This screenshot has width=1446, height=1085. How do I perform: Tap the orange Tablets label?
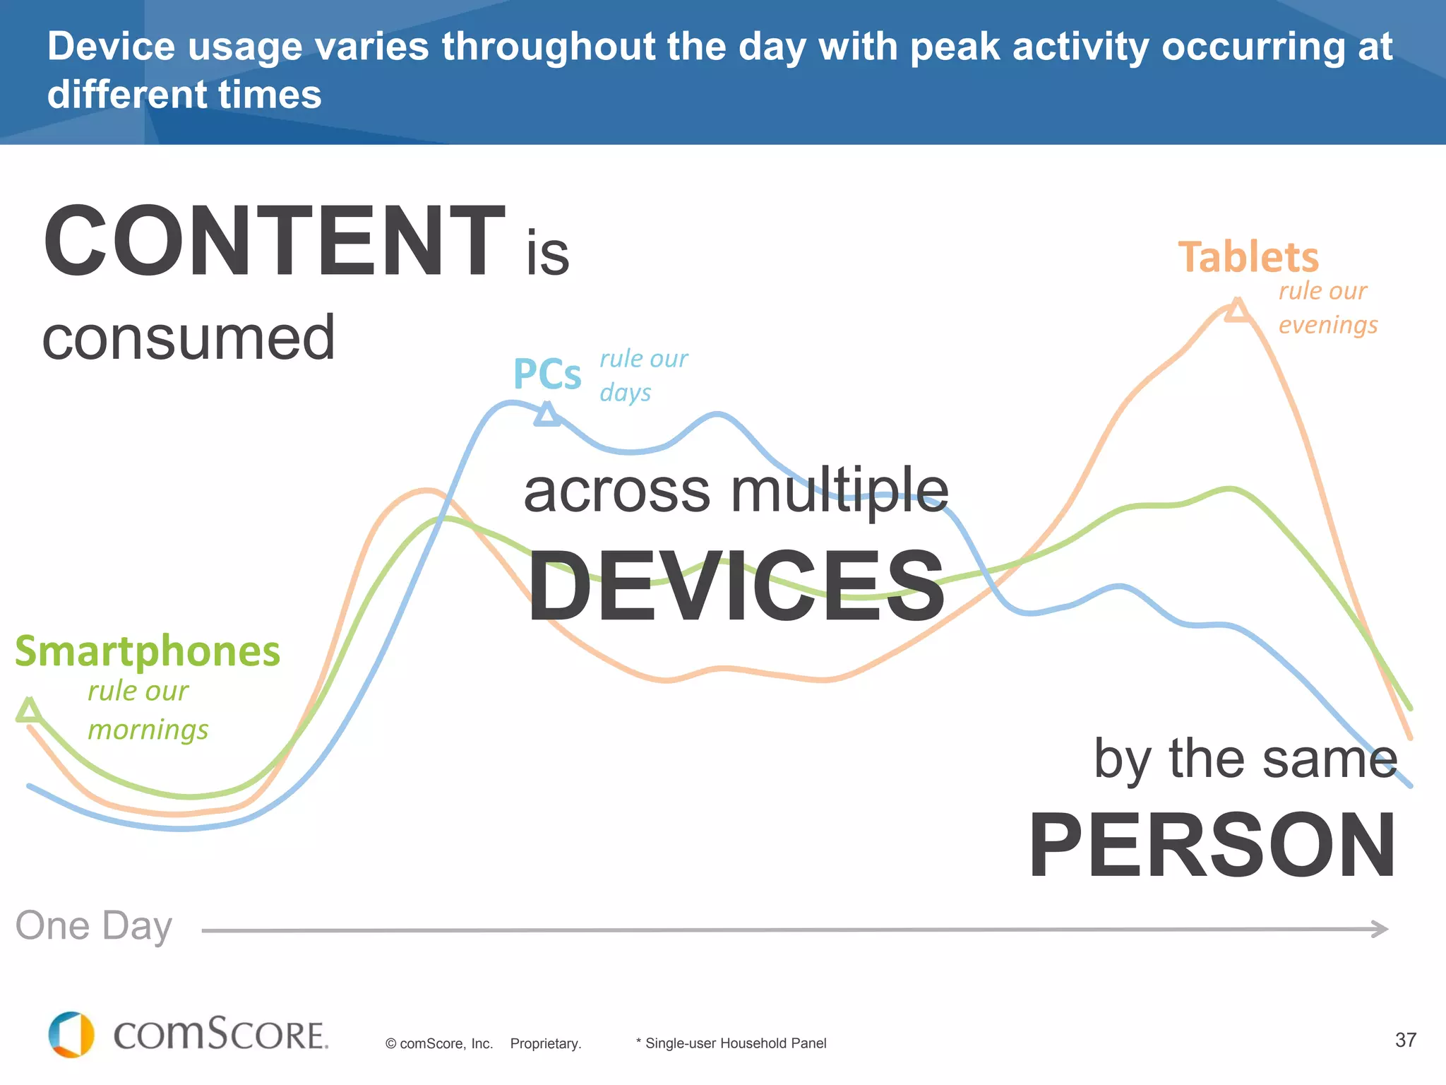[1248, 257]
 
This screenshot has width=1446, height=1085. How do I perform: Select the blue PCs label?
[547, 374]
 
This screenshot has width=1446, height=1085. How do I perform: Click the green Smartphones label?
[148, 651]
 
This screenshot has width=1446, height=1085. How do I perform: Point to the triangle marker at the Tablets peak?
[1237, 311]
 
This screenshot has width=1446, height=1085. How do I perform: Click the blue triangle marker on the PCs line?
[547, 415]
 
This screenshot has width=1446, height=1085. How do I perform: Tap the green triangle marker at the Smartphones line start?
[29, 711]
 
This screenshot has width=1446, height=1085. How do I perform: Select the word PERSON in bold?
[1212, 846]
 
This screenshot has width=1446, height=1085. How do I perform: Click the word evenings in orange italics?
[1328, 325]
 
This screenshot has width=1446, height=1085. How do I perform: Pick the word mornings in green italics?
[148, 730]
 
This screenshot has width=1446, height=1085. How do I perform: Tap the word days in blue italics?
[626, 393]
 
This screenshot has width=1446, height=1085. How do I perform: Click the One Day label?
[94, 926]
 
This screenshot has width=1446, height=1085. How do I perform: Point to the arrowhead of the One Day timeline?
[1380, 929]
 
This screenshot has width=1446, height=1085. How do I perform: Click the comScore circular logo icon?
[71, 1035]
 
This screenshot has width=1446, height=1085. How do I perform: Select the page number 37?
[1405, 1040]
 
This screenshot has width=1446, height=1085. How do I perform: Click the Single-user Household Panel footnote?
[731, 1043]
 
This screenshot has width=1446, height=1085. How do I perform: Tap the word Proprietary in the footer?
[546, 1043]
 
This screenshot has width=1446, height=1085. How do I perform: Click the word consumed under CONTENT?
[189, 338]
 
